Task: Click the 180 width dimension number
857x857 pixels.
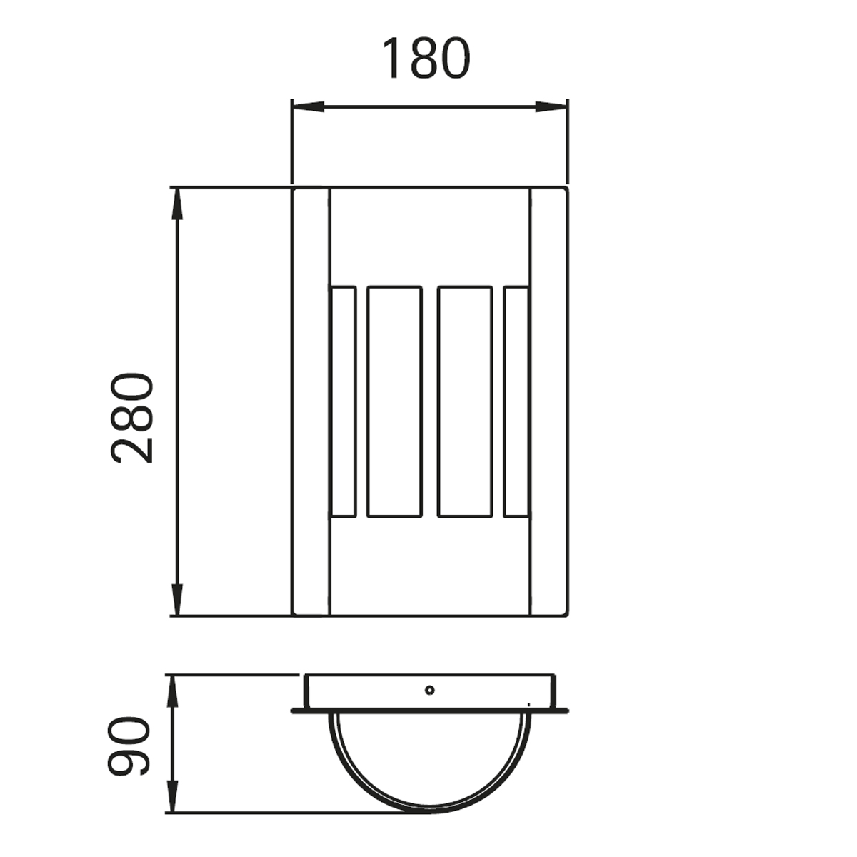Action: (x=426, y=59)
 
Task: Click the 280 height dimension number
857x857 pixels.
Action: (x=132, y=419)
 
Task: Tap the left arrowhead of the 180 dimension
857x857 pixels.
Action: (x=308, y=106)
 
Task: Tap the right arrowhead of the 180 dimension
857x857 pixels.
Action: (x=551, y=106)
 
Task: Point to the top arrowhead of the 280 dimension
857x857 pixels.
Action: (x=177, y=204)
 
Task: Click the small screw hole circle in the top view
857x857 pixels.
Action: (x=429, y=690)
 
